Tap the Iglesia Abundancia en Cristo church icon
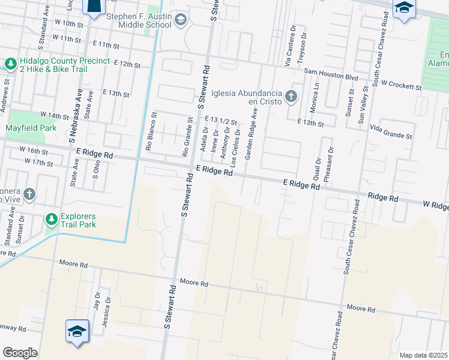(x=291, y=96)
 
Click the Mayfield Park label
(x=31, y=128)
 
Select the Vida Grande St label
(x=391, y=133)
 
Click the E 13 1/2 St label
(x=221, y=121)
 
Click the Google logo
(x=20, y=353)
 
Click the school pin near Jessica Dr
(x=77, y=331)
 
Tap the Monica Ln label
(x=315, y=95)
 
